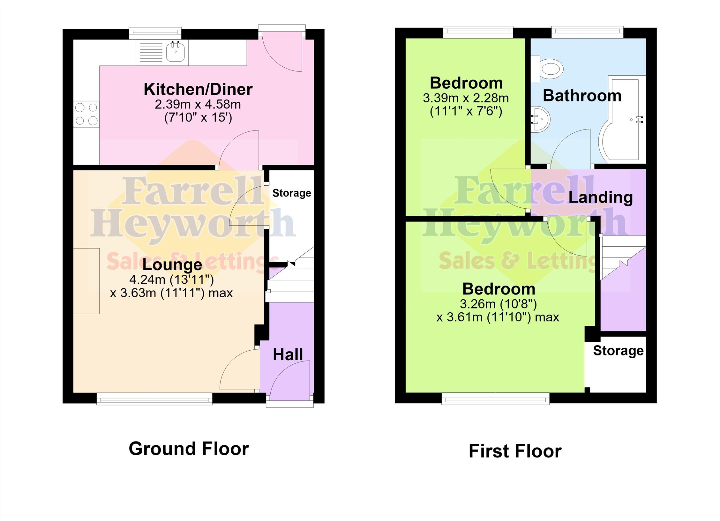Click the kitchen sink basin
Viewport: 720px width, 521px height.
click(x=176, y=52)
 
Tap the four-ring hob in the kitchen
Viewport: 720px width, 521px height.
click(x=86, y=114)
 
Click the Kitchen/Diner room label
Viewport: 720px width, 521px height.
click(x=198, y=89)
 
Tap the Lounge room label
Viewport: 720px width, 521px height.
click(x=172, y=264)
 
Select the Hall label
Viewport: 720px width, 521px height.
click(x=288, y=354)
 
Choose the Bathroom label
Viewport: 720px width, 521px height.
click(x=582, y=95)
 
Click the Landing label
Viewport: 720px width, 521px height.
click(x=601, y=197)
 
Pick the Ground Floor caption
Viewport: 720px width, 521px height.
click(x=189, y=449)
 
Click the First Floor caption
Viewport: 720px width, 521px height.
click(x=515, y=451)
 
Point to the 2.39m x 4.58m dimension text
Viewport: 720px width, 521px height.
click(x=198, y=104)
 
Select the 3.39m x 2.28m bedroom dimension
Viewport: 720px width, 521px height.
click(x=466, y=98)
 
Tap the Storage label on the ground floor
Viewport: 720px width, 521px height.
click(x=292, y=193)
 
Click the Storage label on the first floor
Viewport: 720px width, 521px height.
click(x=619, y=351)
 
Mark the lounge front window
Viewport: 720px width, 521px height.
click(x=154, y=398)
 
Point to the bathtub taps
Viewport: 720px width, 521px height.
click(x=640, y=120)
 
